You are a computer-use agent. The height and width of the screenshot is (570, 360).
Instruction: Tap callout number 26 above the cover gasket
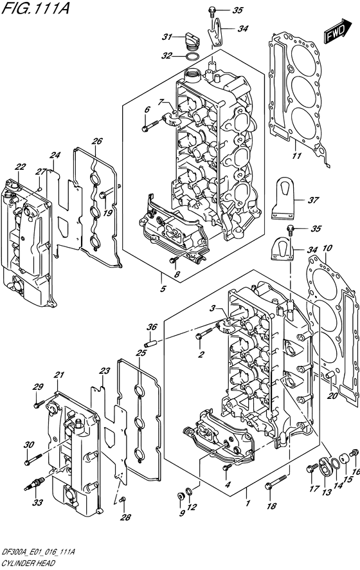pyautogui.click(x=96, y=141)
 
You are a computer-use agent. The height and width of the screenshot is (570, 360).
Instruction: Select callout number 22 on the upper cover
pyautogui.click(x=20, y=166)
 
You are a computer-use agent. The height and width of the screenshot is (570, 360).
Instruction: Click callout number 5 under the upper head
pyautogui.click(x=163, y=289)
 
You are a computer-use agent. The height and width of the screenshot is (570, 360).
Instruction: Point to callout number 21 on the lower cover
pyautogui.click(x=59, y=375)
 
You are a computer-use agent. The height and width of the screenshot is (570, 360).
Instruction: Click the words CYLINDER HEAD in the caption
pyautogui.click(x=26, y=564)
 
